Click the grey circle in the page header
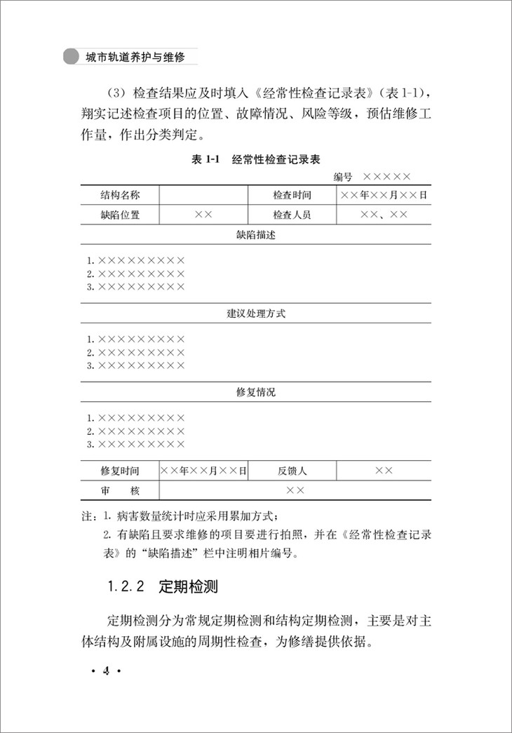click(x=70, y=57)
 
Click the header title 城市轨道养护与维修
click(x=133, y=57)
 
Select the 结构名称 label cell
click(x=120, y=195)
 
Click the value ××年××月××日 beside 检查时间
click(x=384, y=195)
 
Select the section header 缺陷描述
click(x=256, y=235)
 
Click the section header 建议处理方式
click(x=256, y=314)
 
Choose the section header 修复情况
click(x=256, y=392)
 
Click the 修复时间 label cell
click(x=120, y=471)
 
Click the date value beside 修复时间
click(x=204, y=471)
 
